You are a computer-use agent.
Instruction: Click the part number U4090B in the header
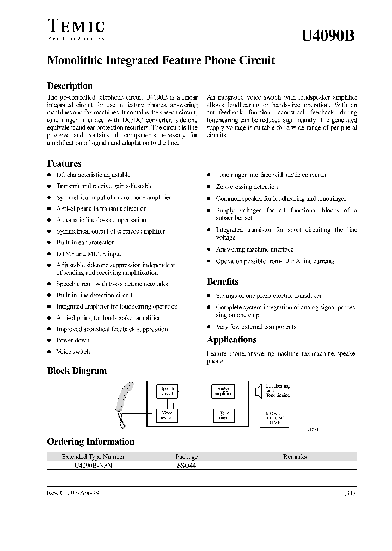point(329,36)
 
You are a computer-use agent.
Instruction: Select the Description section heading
point(70,85)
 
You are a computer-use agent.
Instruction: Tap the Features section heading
point(64,163)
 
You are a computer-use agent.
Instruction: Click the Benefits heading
point(223,281)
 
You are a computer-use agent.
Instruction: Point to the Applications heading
point(231,340)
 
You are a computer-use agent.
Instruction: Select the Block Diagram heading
point(77,371)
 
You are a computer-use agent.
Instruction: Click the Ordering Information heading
point(90,442)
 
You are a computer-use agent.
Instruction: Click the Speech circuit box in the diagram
point(167,391)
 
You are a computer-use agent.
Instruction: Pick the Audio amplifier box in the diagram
point(223,391)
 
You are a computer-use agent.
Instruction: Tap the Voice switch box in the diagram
point(167,415)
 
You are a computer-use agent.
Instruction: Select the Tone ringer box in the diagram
point(224,415)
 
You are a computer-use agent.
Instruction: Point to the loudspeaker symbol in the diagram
point(258,390)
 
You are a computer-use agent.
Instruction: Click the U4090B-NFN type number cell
point(93,466)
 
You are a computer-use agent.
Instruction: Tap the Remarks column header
point(295,457)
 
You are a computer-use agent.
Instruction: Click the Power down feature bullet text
point(73,340)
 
